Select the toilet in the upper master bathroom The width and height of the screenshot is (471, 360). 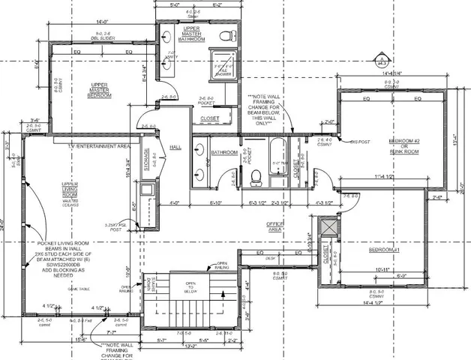[225, 36]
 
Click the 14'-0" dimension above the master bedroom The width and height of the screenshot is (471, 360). [105, 22]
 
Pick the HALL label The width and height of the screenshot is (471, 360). [176, 147]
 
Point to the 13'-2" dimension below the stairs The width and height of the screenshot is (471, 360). [191, 346]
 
